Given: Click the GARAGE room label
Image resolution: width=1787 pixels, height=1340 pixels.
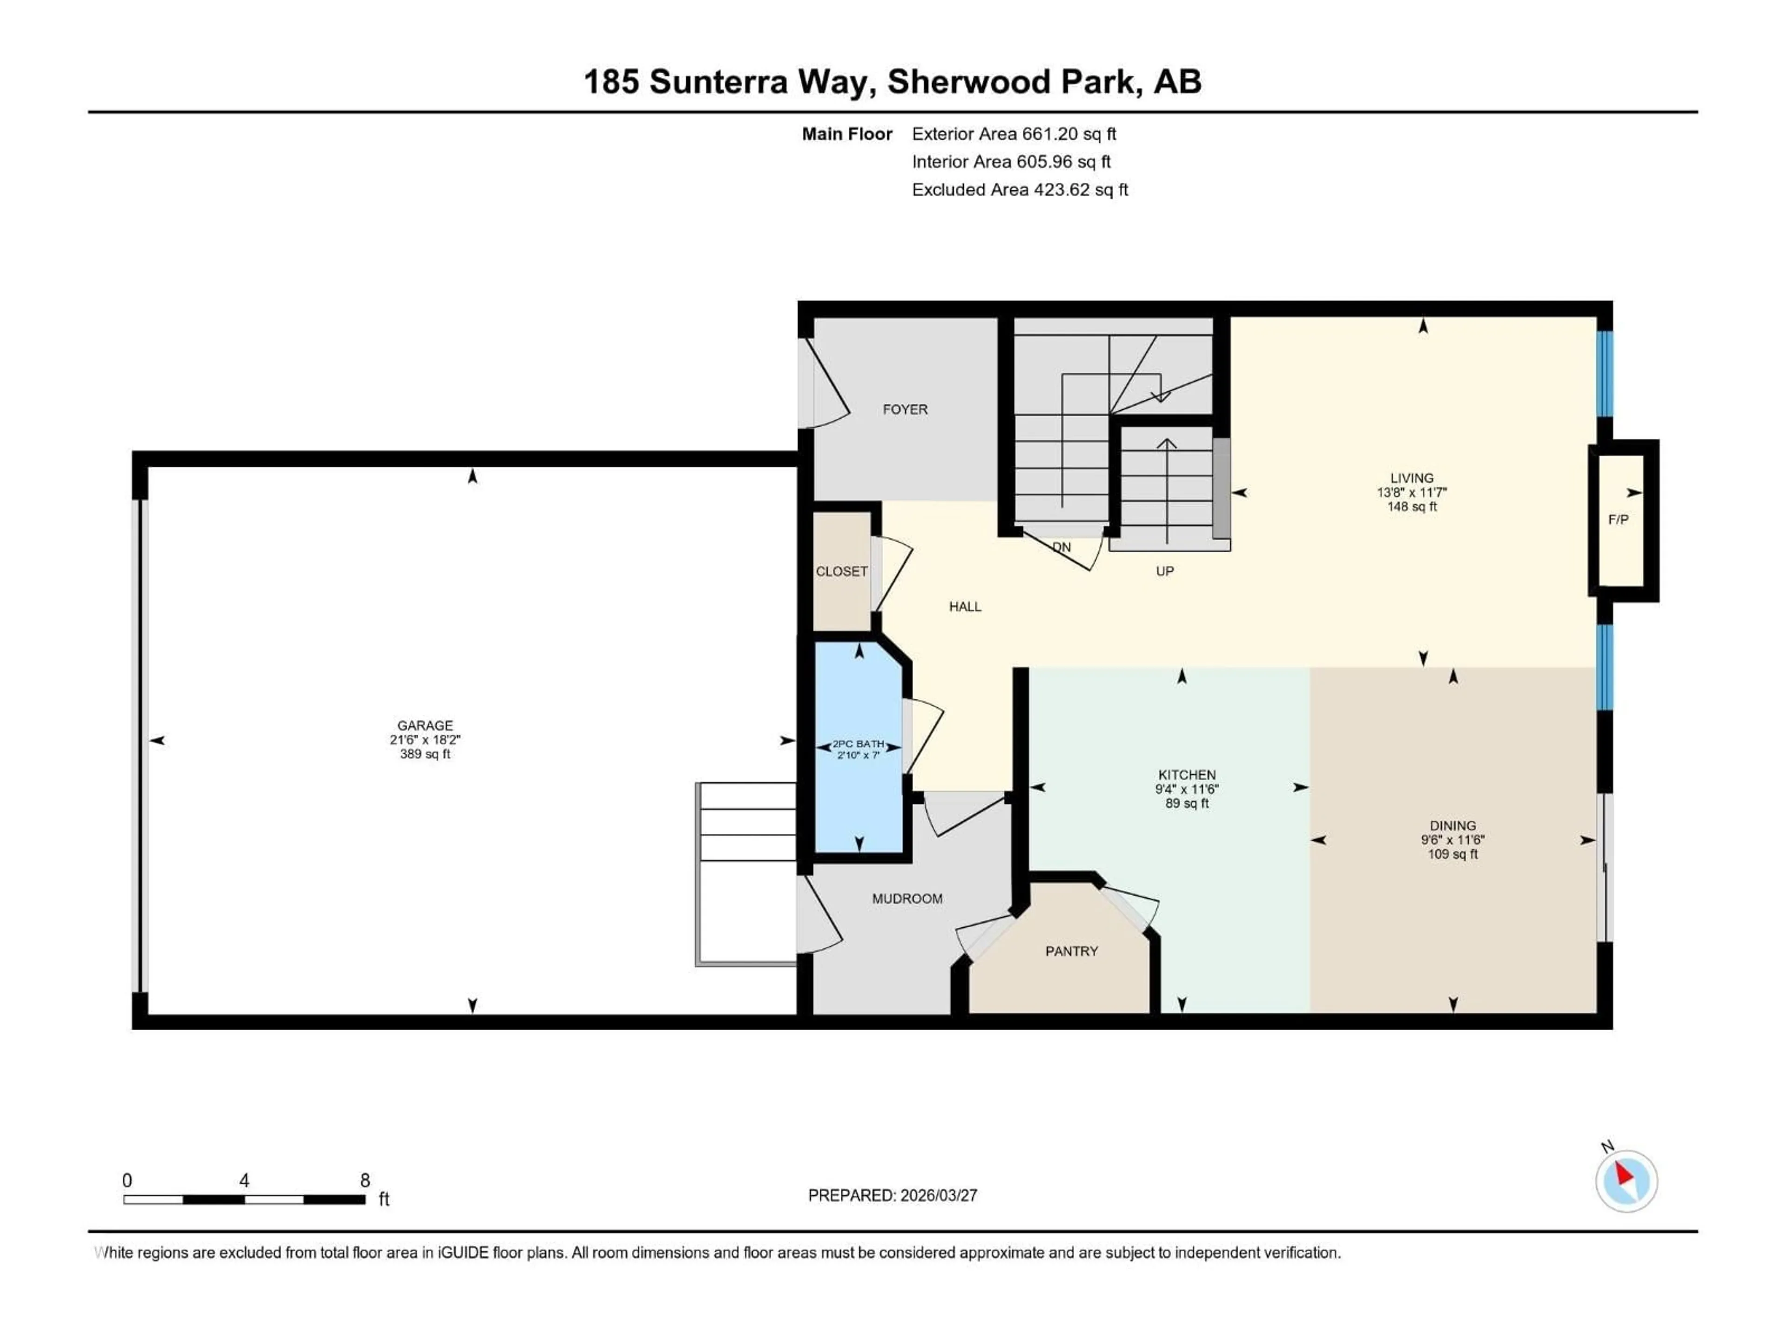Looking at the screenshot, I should coord(425,725).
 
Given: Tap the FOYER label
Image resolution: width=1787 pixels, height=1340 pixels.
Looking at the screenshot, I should coord(905,409).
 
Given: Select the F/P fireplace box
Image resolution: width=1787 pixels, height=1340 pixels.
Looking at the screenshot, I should coord(1618,519).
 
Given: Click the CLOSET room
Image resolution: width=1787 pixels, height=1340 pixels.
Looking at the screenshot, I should coord(841,571).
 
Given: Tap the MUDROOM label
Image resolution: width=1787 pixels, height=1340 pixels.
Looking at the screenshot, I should coord(907,898).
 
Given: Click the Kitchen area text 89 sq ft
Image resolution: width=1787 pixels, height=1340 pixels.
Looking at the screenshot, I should coord(1187,804).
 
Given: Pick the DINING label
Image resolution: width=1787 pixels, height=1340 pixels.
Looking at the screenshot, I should coord(1452,825).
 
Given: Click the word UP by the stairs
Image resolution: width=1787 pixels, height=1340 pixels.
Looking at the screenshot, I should coord(1164,571).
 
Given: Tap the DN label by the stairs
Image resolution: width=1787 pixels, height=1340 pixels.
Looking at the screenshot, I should coord(1061,547).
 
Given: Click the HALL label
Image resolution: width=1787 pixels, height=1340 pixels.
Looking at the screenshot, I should coord(965,607).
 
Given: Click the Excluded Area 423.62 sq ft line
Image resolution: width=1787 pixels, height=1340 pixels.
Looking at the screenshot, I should coord(1020,190).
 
